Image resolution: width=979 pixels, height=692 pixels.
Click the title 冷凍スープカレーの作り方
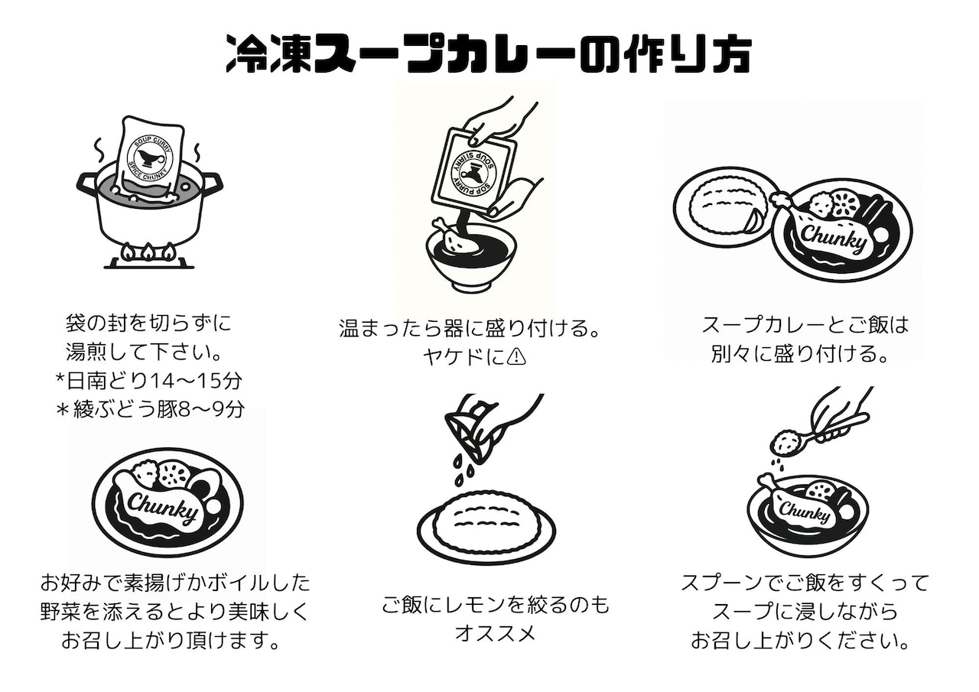pyautogui.click(x=489, y=53)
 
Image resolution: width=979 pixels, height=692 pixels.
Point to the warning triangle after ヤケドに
pyautogui.click(x=518, y=357)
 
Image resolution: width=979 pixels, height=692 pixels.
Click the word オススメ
pyautogui.click(x=495, y=633)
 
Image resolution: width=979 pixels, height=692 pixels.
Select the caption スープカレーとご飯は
pyautogui.click(x=805, y=324)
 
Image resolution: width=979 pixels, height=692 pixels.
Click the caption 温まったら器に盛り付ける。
pyautogui.click(x=468, y=329)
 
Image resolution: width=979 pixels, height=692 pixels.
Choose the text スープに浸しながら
pyautogui.click(x=805, y=612)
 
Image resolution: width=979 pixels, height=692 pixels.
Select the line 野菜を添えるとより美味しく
pyautogui.click(x=175, y=612)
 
